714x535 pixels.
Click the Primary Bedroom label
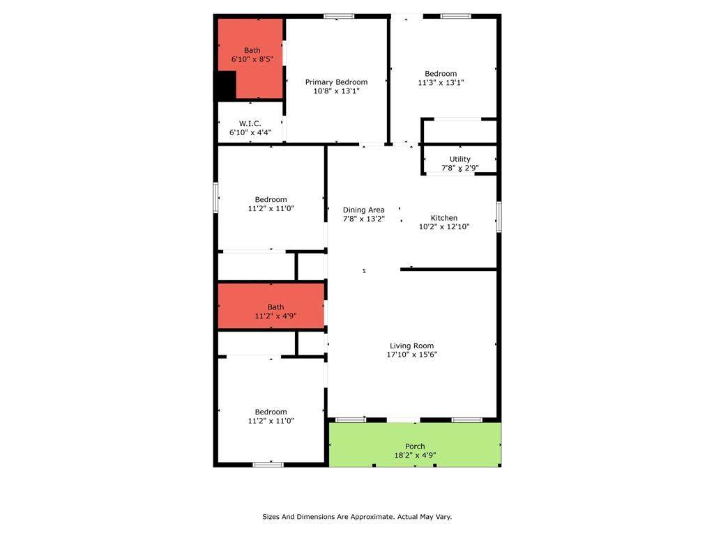(336, 82)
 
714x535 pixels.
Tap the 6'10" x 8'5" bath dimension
(252, 59)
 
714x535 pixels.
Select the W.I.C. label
(250, 124)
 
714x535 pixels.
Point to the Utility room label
(460, 160)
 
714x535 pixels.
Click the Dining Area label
(363, 210)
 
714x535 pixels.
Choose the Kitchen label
(444, 218)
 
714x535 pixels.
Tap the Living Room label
(411, 346)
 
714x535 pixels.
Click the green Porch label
(415, 447)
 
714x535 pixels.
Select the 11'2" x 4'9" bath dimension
(275, 316)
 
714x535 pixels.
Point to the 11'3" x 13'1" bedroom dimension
(441, 82)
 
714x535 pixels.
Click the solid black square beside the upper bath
(225, 86)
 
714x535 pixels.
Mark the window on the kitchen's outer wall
(499, 217)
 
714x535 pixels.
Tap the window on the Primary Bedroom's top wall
(339, 17)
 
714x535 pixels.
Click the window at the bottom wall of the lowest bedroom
(268, 465)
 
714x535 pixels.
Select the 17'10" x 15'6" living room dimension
(411, 355)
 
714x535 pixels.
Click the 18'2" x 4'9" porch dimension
(415, 455)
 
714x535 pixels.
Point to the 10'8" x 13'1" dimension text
(337, 91)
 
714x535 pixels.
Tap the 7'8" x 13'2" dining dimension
(364, 219)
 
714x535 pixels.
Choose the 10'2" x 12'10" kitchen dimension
(444, 226)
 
